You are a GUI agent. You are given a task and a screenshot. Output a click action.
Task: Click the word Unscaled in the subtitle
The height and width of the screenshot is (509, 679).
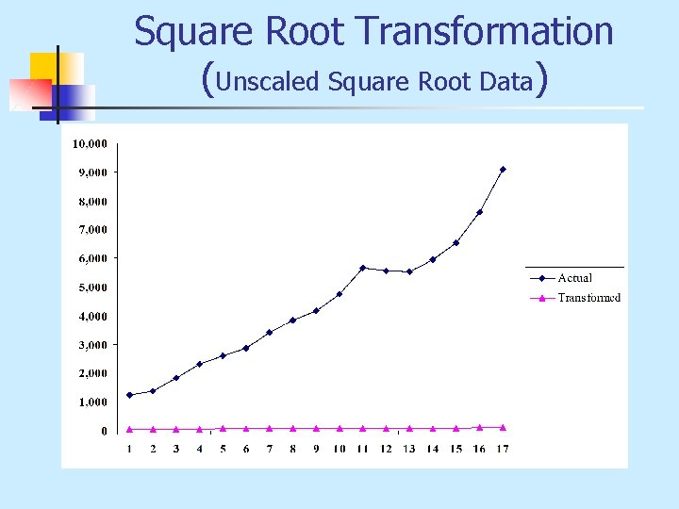(268, 82)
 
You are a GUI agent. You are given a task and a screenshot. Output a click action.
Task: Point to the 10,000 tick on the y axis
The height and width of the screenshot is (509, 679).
(91, 143)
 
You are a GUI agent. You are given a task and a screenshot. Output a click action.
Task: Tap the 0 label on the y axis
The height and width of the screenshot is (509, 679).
(103, 431)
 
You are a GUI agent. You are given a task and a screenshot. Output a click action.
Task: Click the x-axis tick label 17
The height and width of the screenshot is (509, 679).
(503, 448)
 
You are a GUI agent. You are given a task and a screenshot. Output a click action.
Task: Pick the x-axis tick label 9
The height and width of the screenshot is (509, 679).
(316, 448)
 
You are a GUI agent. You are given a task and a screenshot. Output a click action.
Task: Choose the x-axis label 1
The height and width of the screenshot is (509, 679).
(129, 448)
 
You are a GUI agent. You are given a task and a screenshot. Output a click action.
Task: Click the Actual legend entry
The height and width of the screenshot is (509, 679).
(574, 277)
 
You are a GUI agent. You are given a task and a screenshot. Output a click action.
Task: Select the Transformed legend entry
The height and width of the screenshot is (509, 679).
(588, 298)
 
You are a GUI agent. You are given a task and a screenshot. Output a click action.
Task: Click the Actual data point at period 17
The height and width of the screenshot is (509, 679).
(503, 170)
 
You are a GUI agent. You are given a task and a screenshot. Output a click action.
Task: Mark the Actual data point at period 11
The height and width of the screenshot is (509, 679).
(362, 268)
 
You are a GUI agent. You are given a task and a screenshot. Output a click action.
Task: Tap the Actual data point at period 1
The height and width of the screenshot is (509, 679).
(129, 395)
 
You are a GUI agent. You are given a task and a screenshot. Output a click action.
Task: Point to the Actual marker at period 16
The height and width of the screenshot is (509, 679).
(479, 212)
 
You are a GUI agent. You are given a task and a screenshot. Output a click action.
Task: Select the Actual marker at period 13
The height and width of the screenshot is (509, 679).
(409, 271)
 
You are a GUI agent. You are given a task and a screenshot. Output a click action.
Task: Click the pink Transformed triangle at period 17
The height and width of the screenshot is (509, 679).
(503, 427)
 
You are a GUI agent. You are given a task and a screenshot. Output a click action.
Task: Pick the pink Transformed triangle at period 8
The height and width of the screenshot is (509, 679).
(292, 428)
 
